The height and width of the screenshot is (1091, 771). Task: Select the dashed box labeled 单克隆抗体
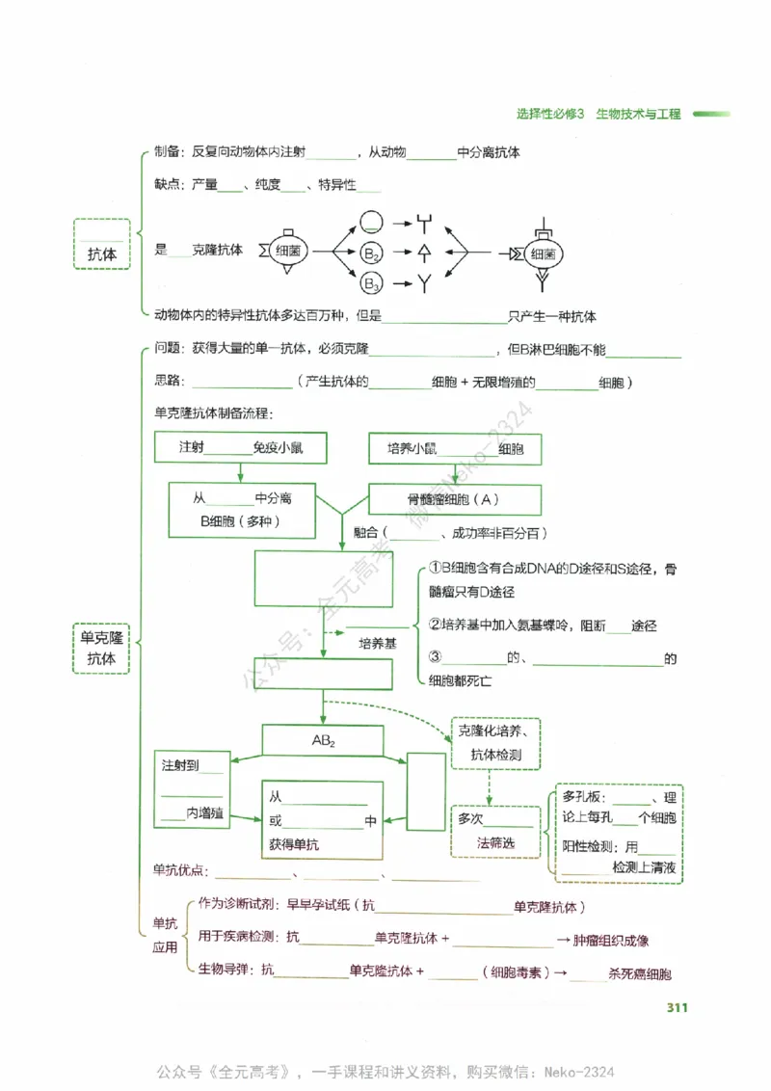click(101, 648)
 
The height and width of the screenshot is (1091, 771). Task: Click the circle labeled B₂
click(372, 253)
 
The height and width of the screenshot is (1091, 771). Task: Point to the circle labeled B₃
click(372, 283)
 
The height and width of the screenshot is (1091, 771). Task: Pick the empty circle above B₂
click(372, 222)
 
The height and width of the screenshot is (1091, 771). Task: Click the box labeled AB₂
click(323, 741)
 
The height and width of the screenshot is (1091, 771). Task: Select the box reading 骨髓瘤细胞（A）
click(454, 499)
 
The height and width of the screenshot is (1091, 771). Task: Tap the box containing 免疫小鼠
click(240, 448)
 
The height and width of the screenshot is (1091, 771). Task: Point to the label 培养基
click(377, 642)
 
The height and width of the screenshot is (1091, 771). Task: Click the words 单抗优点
click(179, 870)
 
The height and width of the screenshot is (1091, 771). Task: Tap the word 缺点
click(168, 184)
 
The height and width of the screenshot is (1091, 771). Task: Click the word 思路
click(168, 383)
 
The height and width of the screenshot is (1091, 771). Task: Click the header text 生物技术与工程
click(638, 114)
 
